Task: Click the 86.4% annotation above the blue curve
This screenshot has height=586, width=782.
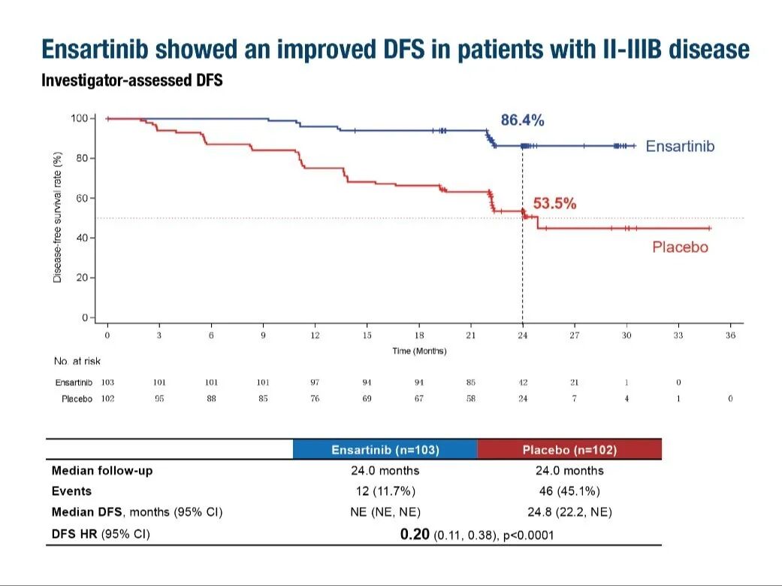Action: tap(522, 120)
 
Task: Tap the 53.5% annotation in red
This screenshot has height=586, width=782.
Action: tap(554, 203)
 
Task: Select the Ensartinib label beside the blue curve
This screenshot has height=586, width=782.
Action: tap(680, 146)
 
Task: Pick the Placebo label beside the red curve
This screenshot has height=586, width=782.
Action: tap(680, 247)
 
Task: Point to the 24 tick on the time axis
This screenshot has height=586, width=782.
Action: tap(523, 336)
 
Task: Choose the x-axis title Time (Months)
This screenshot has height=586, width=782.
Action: tap(419, 351)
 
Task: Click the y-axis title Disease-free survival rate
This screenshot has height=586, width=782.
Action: tap(57, 217)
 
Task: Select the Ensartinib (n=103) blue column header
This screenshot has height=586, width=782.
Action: tap(385, 450)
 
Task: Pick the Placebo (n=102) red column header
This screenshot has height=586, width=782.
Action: tap(569, 450)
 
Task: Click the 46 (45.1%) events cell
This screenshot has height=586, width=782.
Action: tap(569, 491)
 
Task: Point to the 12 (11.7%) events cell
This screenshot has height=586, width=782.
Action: tap(385, 491)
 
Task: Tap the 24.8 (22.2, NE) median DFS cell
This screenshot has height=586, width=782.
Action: tap(569, 512)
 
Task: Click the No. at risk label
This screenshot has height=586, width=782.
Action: tap(77, 362)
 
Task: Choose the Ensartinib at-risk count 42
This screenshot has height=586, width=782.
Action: tap(523, 382)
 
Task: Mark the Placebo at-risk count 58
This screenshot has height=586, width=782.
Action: tap(471, 399)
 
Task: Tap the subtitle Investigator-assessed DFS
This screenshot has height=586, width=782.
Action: tap(131, 80)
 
